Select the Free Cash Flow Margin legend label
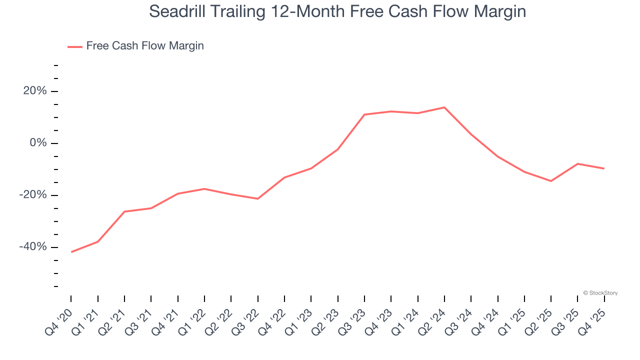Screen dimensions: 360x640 click(145, 46)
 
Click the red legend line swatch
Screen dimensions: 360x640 click(75, 46)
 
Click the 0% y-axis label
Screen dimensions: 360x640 click(38, 143)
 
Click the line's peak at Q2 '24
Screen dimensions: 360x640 click(444, 107)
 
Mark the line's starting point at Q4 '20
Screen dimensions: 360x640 click(71, 252)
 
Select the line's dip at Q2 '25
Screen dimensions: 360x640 click(551, 181)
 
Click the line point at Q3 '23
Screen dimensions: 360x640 click(364, 114)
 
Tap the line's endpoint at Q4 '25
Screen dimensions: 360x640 click(604, 168)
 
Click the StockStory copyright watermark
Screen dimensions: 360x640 click(600, 293)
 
